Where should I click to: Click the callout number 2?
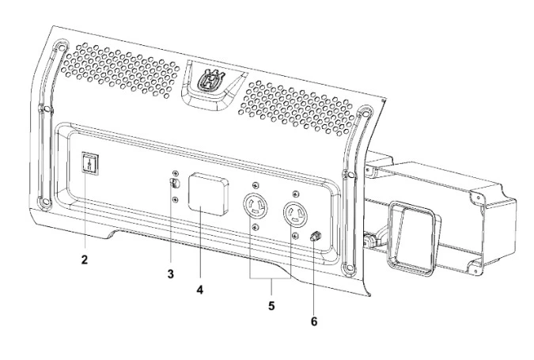84,260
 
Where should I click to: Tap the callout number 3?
171,274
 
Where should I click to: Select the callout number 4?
200,290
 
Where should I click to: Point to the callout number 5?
271,306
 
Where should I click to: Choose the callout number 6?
313,321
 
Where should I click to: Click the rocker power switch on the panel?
90,164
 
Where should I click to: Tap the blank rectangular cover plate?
208,194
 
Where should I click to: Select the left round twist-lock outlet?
255,206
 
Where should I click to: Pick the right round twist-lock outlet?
295,214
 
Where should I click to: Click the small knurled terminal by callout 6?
315,236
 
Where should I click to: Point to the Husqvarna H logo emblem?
210,81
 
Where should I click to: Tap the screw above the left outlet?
256,186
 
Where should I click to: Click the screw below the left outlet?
256,227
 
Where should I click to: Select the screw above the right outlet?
295,194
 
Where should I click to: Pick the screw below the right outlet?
295,235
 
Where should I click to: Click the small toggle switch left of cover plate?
175,184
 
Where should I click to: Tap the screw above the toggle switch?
176,173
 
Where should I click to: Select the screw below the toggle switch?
176,199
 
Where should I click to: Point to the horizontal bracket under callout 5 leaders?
271,279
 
